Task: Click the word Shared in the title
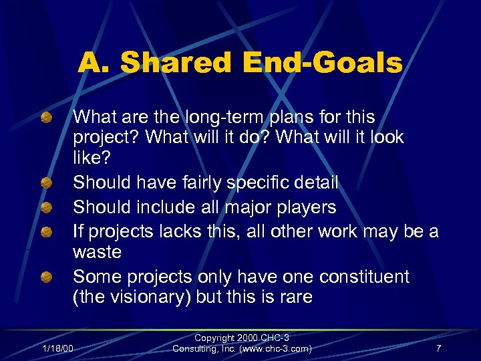[174, 64]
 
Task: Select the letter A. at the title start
[93, 64]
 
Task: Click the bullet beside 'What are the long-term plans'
[46, 118]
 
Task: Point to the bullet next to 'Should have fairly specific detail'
[46, 182]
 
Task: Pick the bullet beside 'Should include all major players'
[46, 207]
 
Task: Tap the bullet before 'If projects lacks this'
[46, 231]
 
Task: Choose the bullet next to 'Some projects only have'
[46, 276]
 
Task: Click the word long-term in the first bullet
[225, 117]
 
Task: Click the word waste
[98, 252]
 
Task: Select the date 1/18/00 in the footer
[57, 348]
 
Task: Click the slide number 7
[438, 348]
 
